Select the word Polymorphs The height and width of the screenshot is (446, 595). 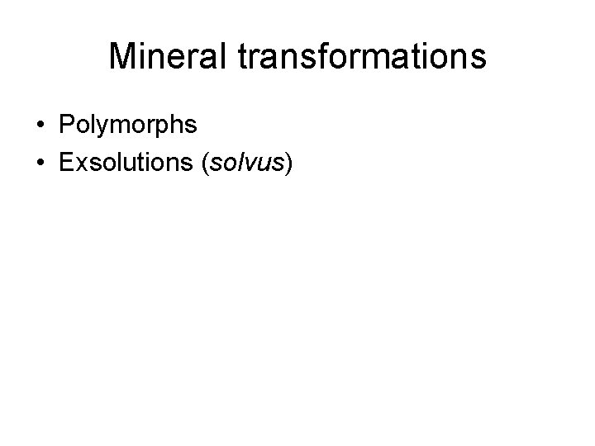pyautogui.click(x=127, y=125)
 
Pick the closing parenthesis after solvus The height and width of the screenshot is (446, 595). pyautogui.click(x=288, y=163)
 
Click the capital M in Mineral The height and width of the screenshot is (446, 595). pyautogui.click(x=123, y=57)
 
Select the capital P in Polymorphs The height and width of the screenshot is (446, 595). pyautogui.click(x=66, y=125)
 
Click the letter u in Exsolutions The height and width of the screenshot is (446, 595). pyautogui.click(x=121, y=163)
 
